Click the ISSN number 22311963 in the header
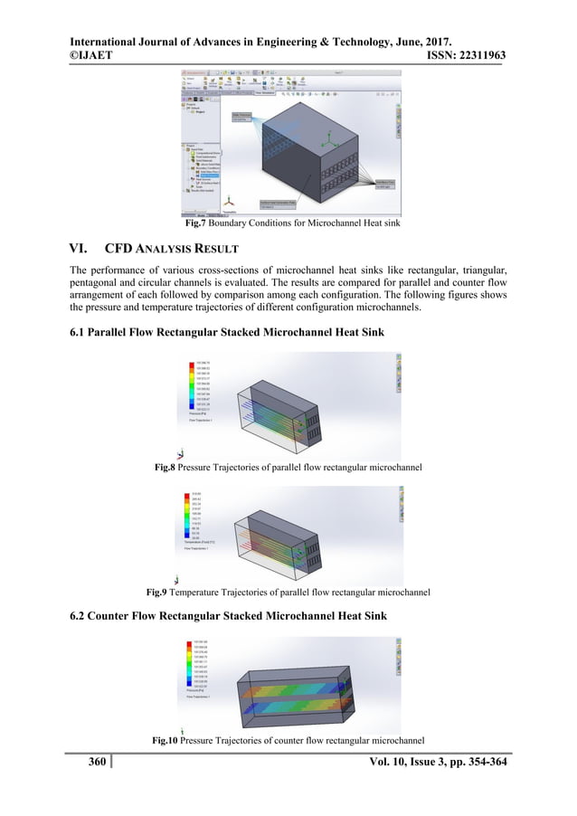coord(477,56)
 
